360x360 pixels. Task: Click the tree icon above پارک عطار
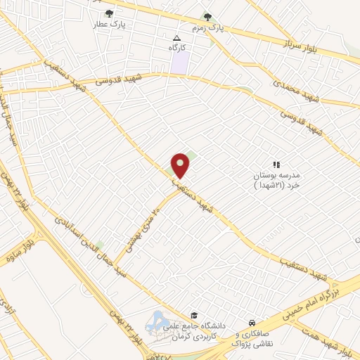pyautogui.click(x=108, y=13)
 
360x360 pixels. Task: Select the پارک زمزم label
pyautogui.click(x=226, y=29)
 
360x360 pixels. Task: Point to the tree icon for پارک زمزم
pyautogui.click(x=207, y=17)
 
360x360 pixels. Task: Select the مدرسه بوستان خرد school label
pyautogui.click(x=276, y=175)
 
